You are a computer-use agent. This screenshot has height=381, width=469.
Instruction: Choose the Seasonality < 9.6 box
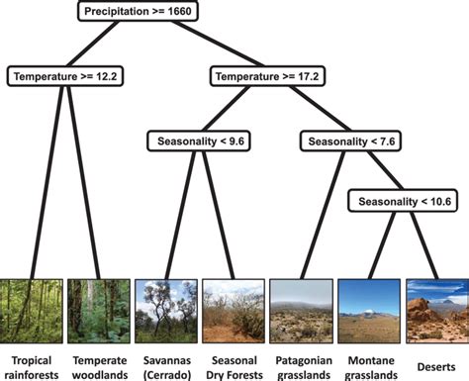[197, 142]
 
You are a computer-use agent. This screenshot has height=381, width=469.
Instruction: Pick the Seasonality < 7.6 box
[350, 142]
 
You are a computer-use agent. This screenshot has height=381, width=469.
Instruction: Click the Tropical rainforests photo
[31, 311]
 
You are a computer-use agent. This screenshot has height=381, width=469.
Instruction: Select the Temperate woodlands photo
[98, 311]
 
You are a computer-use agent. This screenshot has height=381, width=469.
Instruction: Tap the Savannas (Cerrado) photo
[165, 311]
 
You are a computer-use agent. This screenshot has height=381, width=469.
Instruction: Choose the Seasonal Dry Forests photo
[233, 311]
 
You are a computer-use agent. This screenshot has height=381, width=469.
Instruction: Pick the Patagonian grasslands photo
[301, 311]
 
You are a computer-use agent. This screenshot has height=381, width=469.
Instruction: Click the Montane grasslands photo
[368, 311]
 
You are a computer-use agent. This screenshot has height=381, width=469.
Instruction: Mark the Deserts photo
[436, 311]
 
